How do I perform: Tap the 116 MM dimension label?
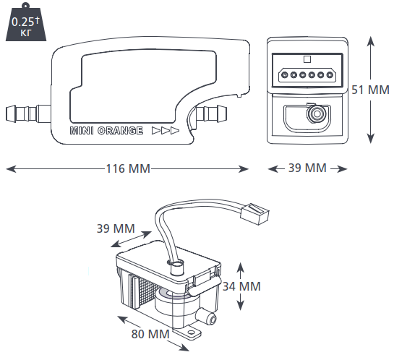coord(128,168)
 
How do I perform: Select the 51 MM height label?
coord(370,90)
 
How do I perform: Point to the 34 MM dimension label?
coord(241,286)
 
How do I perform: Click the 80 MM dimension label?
coord(150,334)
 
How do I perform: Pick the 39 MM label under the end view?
coord(307,168)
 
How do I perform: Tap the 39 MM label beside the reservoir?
coord(116,228)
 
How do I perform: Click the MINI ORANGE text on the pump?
coord(106,131)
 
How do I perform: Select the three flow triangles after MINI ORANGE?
coord(166,131)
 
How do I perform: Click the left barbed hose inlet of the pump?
coord(28,113)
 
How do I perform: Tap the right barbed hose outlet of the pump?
coord(211,113)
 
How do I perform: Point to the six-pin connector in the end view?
coord(307,75)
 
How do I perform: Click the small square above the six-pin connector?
coord(307,59)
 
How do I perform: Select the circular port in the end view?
coord(317,114)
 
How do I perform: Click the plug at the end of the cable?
coord(254,213)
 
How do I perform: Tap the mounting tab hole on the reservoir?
coord(192,332)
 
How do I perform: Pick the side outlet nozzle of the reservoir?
coord(207,317)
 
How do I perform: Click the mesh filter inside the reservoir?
coord(147,291)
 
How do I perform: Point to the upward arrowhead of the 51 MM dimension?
coord(371,41)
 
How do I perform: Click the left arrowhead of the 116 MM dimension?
coord(11,169)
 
